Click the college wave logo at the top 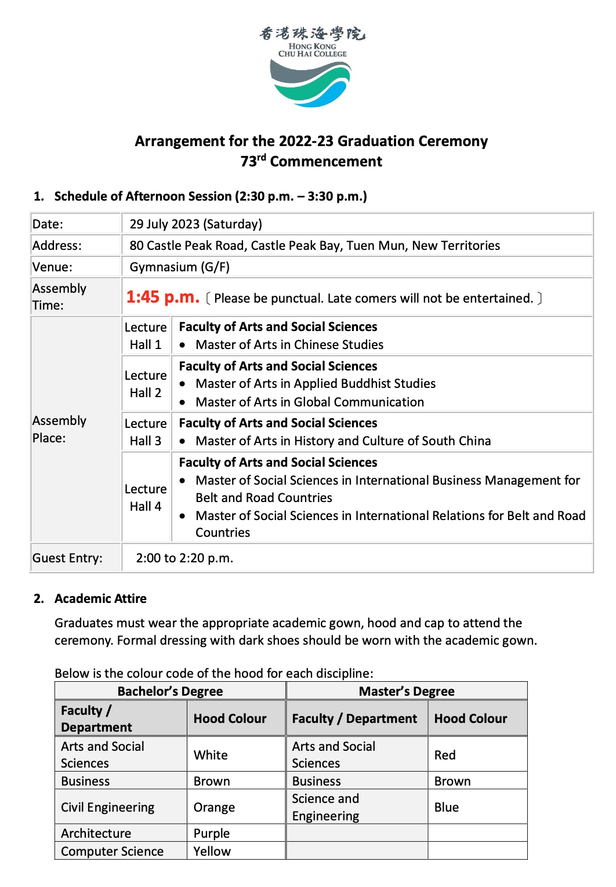pos(311,85)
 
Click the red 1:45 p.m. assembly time pos(162,297)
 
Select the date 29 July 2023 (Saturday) pos(195,224)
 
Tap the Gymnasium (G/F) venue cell pos(179,267)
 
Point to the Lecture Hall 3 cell pos(146,432)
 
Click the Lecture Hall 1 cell pos(146,336)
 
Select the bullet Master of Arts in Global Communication pos(309,402)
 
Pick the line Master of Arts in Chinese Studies pos(289,345)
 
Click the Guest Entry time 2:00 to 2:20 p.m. pos(184,558)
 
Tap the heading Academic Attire pos(100,599)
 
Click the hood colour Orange pos(214,808)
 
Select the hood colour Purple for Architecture pos(211,834)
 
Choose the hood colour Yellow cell pos(212,852)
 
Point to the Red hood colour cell pos(445,755)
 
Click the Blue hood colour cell pos(446,808)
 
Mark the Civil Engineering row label pos(107,808)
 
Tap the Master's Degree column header pos(406,692)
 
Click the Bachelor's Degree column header pos(170,692)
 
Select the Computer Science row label pos(112,852)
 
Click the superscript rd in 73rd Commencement pos(262,157)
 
